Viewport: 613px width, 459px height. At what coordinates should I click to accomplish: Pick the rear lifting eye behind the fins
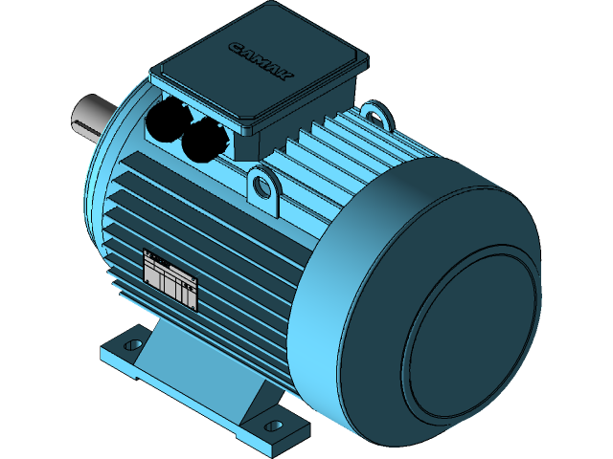(378, 116)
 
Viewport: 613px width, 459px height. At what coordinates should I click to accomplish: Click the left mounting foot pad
(120, 354)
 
